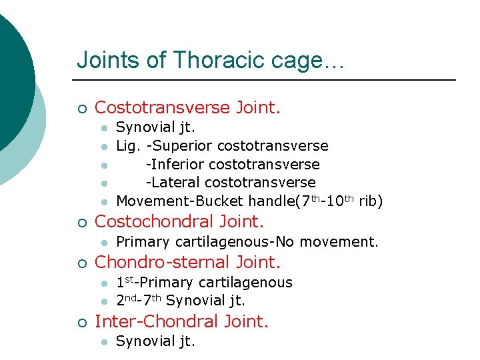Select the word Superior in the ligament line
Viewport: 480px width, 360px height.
coord(181,145)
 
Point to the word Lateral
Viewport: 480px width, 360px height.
coord(175,182)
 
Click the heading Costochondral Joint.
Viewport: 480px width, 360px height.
coord(179,221)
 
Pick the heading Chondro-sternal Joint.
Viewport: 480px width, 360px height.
coord(188,262)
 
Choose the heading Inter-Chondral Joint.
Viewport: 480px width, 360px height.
coord(181,321)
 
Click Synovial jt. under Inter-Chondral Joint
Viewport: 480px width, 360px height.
coord(155,341)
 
